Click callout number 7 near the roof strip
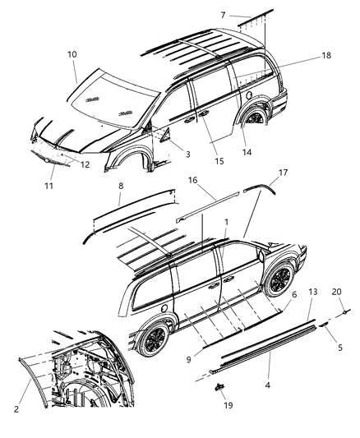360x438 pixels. click(x=223, y=16)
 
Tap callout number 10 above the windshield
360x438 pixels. click(x=72, y=53)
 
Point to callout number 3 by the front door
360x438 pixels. click(x=187, y=154)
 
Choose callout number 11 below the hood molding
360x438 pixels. click(x=50, y=186)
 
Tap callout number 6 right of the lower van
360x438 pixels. click(x=293, y=294)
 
